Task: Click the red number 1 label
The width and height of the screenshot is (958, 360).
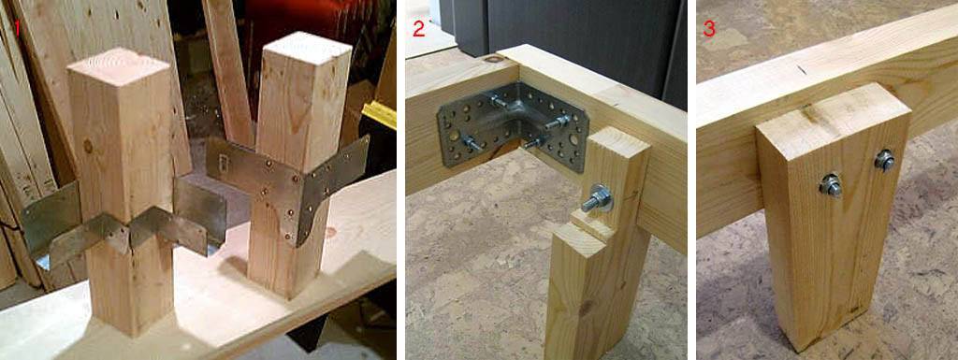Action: point(18,28)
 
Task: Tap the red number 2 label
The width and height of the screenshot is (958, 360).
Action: point(418,29)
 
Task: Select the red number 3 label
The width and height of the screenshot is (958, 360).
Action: point(709,29)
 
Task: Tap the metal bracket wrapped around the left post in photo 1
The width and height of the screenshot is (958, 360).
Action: point(123,229)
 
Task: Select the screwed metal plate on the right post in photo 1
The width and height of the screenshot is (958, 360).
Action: point(288,183)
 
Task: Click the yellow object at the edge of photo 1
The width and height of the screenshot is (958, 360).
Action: point(380,114)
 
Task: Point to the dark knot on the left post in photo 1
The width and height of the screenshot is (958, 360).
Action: point(89,147)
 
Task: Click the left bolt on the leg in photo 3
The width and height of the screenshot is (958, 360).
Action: point(831,184)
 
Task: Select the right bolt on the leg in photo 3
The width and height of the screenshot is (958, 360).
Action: point(884,160)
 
